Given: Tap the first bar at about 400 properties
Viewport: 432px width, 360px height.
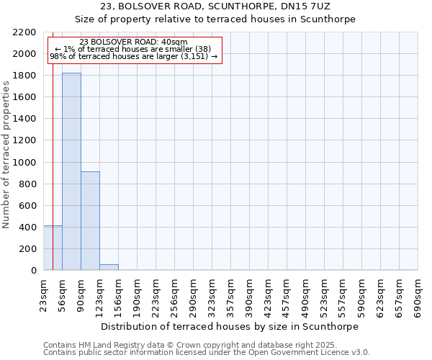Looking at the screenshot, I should coord(53,248).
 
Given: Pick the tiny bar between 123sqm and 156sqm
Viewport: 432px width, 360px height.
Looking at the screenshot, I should coord(109,267).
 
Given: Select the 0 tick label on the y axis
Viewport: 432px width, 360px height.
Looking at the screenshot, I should coord(33,271).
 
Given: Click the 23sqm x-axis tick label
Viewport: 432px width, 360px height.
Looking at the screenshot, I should coord(43,296).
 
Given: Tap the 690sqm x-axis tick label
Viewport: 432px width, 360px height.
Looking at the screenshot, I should coord(418,296).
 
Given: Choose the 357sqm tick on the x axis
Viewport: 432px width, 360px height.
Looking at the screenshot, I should coord(230,296).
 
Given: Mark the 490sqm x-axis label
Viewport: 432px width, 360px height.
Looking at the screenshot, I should coord(305,296).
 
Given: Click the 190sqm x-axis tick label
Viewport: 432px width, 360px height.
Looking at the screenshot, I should coord(137,296).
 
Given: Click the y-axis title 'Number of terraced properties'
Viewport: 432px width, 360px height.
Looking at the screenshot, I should coord(6,155).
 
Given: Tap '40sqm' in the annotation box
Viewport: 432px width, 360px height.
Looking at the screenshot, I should coord(174,42).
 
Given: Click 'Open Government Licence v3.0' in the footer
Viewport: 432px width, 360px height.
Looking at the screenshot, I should coord(307,353).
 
